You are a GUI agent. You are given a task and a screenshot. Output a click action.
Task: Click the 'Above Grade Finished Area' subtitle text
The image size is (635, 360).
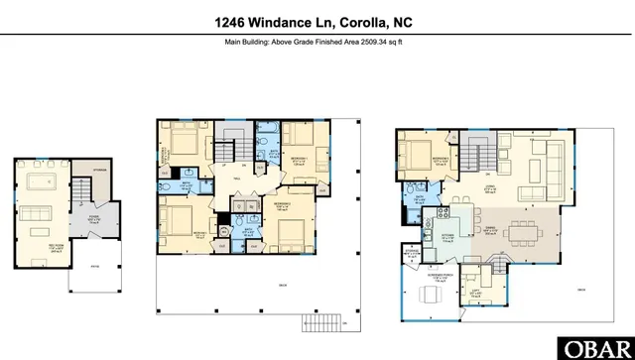coord(317,42)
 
